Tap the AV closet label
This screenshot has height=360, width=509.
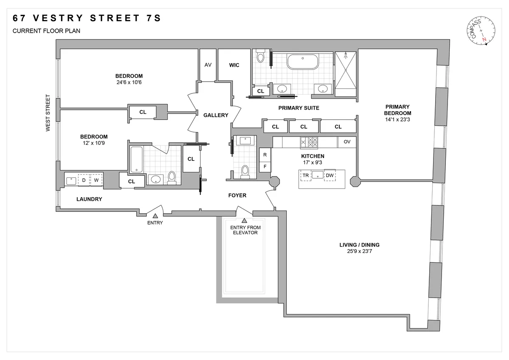pyautogui.click(x=208, y=65)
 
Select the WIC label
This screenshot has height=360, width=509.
pyautogui.click(x=234, y=65)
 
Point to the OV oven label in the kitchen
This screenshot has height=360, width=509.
pyautogui.click(x=347, y=142)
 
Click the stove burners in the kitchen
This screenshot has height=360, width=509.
pyautogui.click(x=309, y=142)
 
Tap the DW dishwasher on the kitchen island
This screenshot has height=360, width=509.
pyautogui.click(x=330, y=175)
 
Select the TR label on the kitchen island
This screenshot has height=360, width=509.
pyautogui.click(x=305, y=175)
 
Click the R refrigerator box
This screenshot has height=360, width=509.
pyautogui.click(x=265, y=155)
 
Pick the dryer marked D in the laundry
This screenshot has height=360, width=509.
pyautogui.click(x=84, y=180)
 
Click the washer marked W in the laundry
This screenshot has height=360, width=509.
pyautogui.click(x=96, y=180)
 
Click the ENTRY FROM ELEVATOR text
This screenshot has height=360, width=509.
pyautogui.click(x=245, y=230)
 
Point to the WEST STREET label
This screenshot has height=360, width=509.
pyautogui.click(x=49, y=112)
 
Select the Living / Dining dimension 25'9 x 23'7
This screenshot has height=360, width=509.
pyautogui.click(x=359, y=251)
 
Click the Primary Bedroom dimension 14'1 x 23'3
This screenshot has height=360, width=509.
pyautogui.click(x=398, y=120)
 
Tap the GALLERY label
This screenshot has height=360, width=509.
pyautogui.click(x=215, y=115)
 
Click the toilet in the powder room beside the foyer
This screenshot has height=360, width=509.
pyautogui.click(x=245, y=171)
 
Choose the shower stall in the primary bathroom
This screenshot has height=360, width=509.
pyautogui.click(x=346, y=70)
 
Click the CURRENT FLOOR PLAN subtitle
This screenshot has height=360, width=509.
pyautogui.click(x=46, y=31)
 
